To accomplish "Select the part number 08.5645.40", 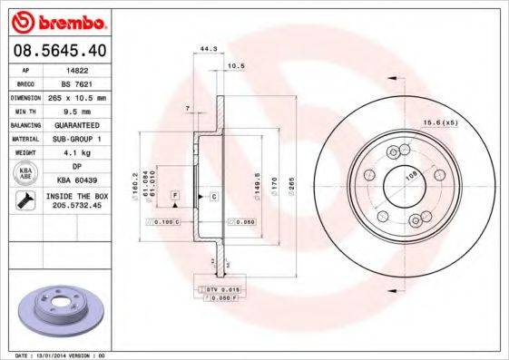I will [56, 50].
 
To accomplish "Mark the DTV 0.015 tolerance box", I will [219, 288].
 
